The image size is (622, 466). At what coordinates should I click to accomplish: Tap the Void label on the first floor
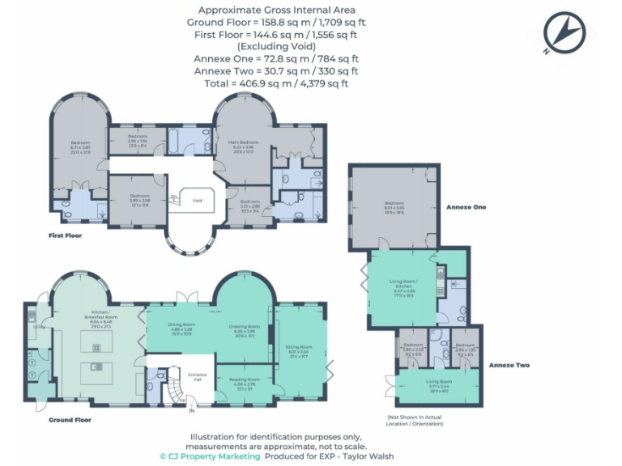(x=196, y=200)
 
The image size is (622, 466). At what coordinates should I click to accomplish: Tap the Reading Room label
(x=245, y=380)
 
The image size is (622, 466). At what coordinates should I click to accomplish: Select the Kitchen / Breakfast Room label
(x=101, y=316)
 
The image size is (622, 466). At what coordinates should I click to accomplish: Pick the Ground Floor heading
(x=69, y=420)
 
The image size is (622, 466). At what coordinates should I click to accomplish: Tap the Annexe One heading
(x=467, y=207)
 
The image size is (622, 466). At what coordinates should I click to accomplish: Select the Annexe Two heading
(x=509, y=365)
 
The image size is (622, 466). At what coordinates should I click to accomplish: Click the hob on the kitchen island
(x=96, y=347)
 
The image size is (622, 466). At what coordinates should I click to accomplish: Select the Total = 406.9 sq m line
(x=276, y=83)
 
